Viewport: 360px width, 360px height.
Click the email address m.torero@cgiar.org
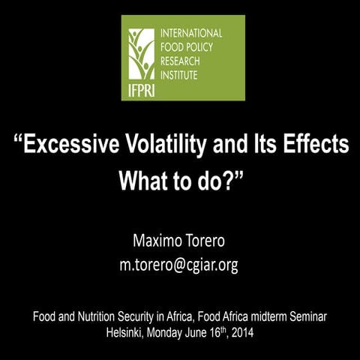coord(179,265)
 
